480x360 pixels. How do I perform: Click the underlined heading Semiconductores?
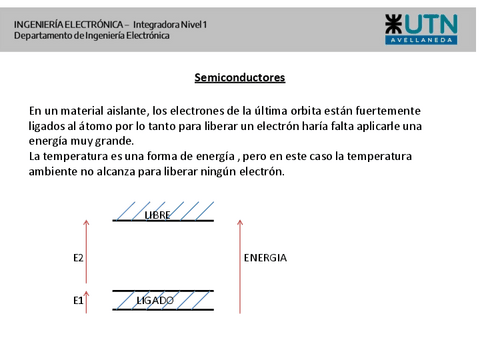pos(239,77)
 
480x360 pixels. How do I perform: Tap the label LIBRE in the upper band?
pos(158,215)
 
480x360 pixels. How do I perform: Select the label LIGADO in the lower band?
pos(155,299)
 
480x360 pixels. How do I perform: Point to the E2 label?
pos(79,258)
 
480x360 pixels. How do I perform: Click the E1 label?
pos(79,299)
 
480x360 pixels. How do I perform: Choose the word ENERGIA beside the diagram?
pos(265,258)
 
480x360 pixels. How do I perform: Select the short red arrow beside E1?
pos(87,301)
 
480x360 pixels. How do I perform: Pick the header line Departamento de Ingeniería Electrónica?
pos(92,35)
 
